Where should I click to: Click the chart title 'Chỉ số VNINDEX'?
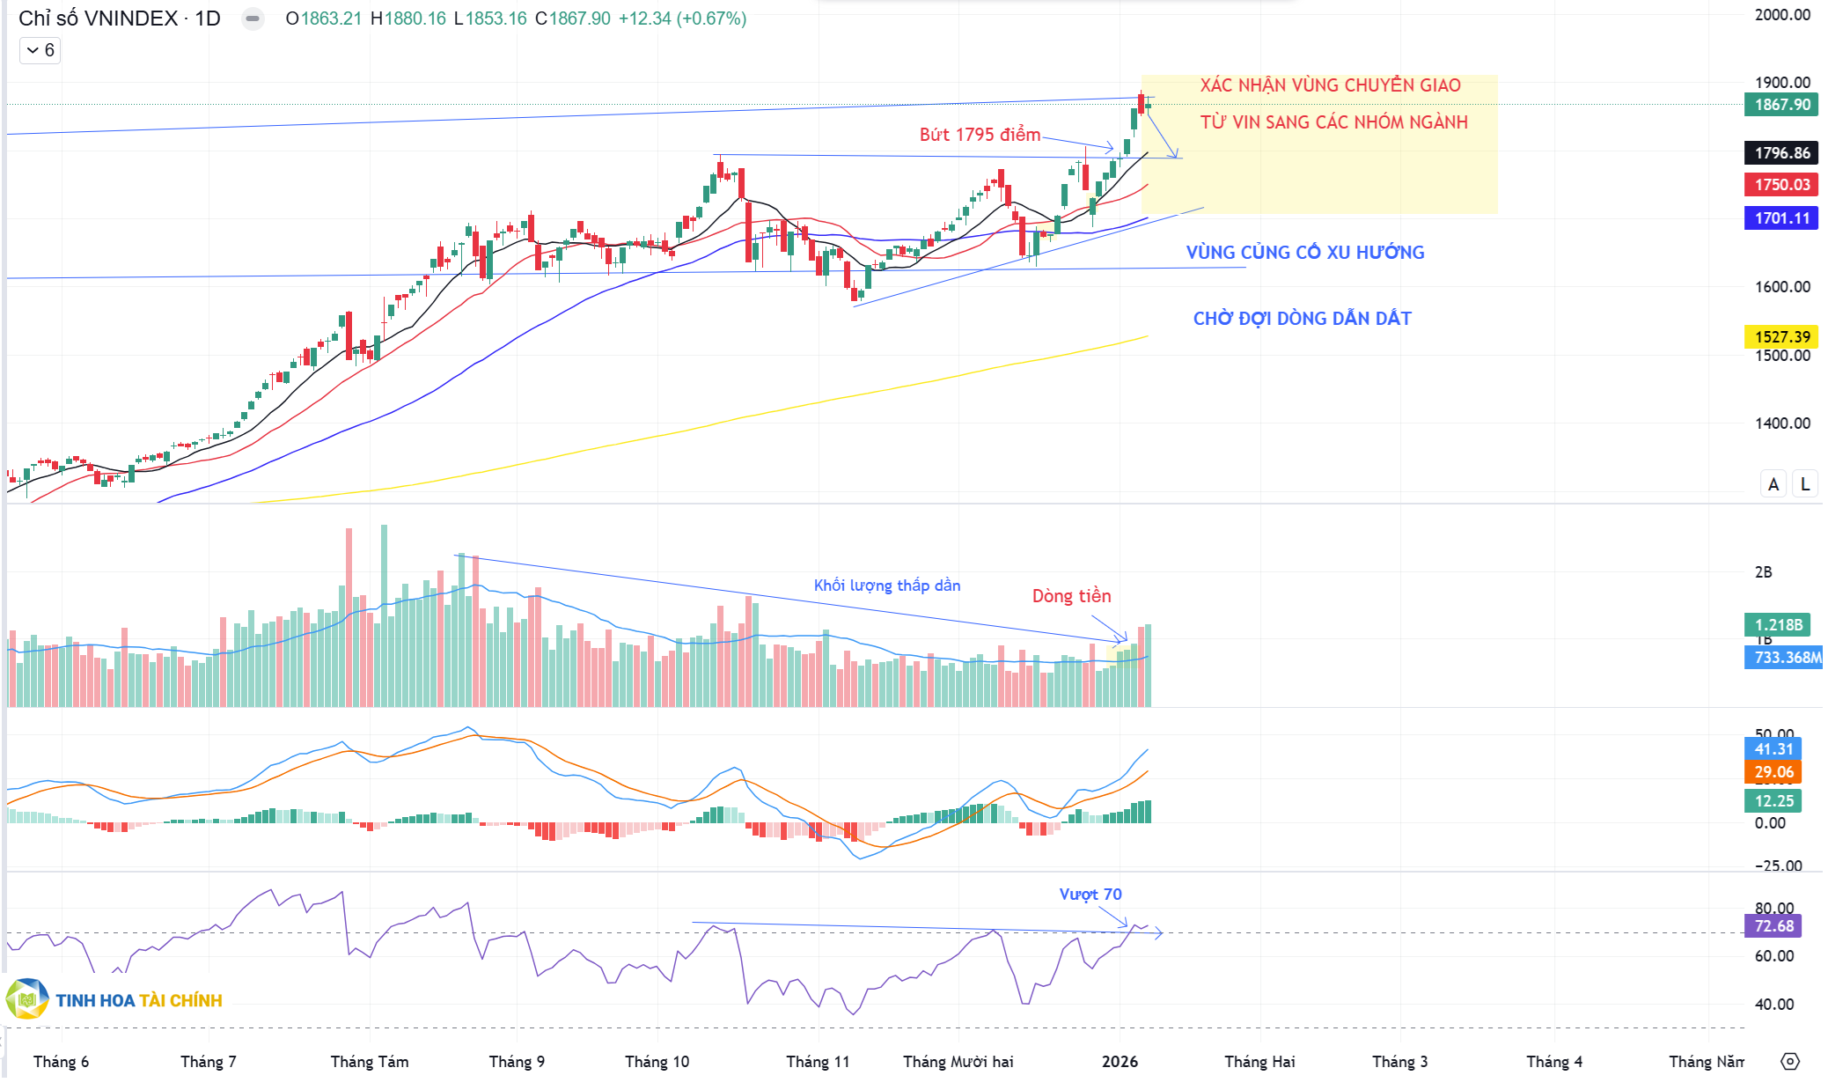click(x=98, y=18)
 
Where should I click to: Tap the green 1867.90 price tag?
click(x=1781, y=105)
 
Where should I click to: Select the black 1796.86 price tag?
click(x=1781, y=153)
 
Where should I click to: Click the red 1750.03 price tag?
click(x=1781, y=185)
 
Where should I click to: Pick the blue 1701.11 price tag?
click(x=1781, y=218)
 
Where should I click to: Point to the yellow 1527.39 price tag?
click(x=1781, y=337)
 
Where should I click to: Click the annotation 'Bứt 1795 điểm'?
click(x=980, y=135)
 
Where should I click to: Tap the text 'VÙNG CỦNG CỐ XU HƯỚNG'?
click(x=1304, y=253)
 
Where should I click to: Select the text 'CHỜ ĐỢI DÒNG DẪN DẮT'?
click(x=1302, y=319)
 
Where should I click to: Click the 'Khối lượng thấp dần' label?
click(x=886, y=586)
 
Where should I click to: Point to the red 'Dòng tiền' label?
click(x=1071, y=596)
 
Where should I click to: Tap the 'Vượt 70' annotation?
click(x=1090, y=895)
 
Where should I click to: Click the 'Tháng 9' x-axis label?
click(x=517, y=1062)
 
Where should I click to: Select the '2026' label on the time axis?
click(x=1120, y=1062)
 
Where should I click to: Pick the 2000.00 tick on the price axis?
click(x=1782, y=15)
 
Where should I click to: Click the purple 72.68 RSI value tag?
click(x=1773, y=926)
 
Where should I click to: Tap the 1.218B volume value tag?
click(x=1778, y=625)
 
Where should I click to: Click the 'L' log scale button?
click(x=1805, y=484)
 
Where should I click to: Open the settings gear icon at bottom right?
click(x=1790, y=1061)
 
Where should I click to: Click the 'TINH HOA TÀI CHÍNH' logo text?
click(x=138, y=1001)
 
